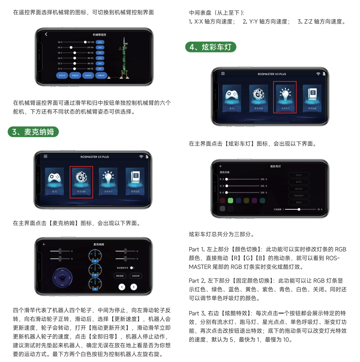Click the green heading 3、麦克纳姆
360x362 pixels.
pos(33,132)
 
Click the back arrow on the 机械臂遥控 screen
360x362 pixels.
pos(46,34)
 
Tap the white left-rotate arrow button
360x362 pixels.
pos(122,287)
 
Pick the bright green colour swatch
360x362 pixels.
pos(230,200)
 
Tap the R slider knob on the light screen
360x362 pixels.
pos(227,179)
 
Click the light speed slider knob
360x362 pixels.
pos(298,209)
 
